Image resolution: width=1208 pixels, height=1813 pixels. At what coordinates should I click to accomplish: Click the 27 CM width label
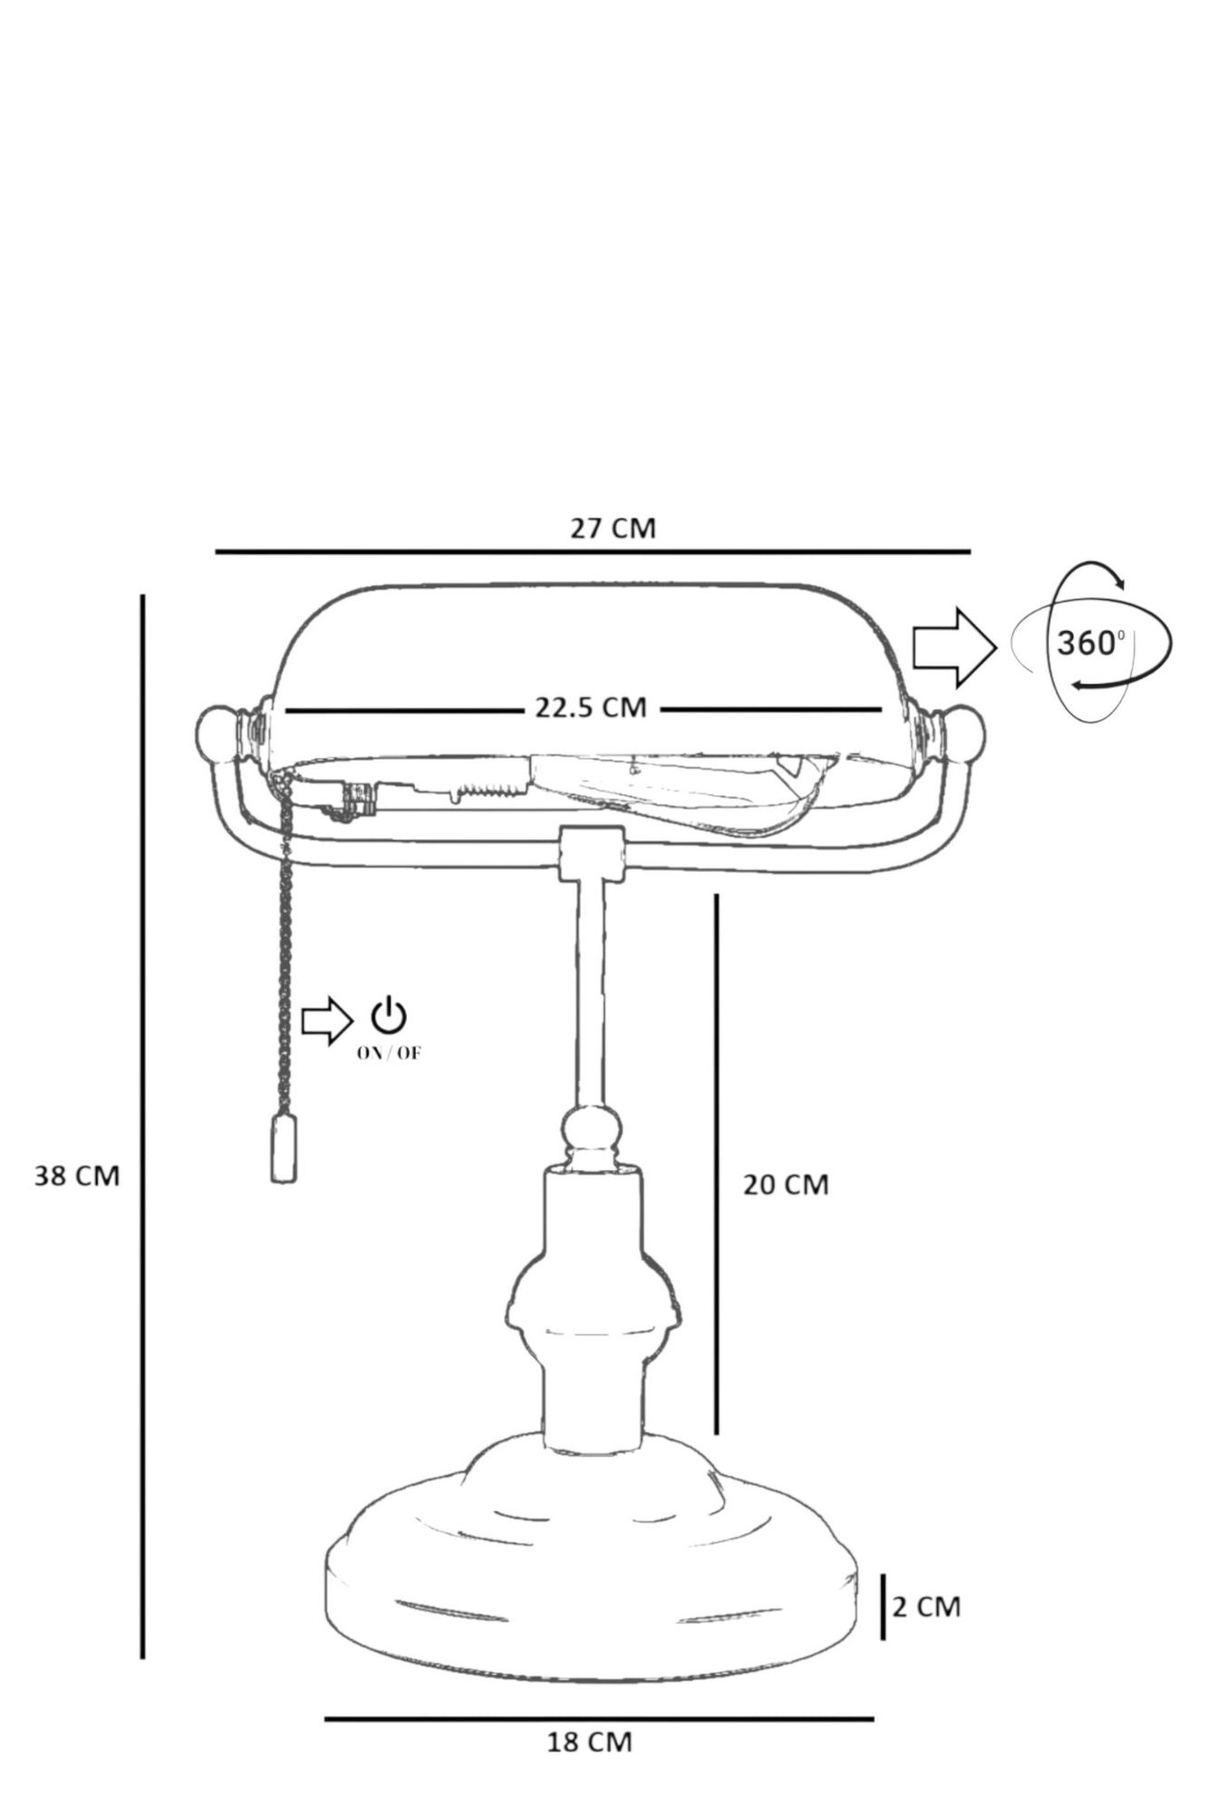[x=613, y=528]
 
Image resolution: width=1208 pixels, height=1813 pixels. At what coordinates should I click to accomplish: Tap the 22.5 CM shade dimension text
[x=590, y=707]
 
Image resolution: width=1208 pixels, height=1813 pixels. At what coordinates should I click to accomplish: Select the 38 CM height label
[x=77, y=1176]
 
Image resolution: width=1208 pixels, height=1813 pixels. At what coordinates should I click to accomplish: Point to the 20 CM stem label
[x=786, y=1184]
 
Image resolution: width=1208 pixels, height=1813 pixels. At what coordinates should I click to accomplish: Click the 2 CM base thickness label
[x=926, y=1606]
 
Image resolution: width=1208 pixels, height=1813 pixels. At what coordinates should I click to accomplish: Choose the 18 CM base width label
[x=589, y=1742]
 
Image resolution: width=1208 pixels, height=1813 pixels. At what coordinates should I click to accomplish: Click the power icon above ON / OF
[x=389, y=1016]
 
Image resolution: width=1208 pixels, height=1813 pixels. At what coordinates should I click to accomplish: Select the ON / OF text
[x=389, y=1053]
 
